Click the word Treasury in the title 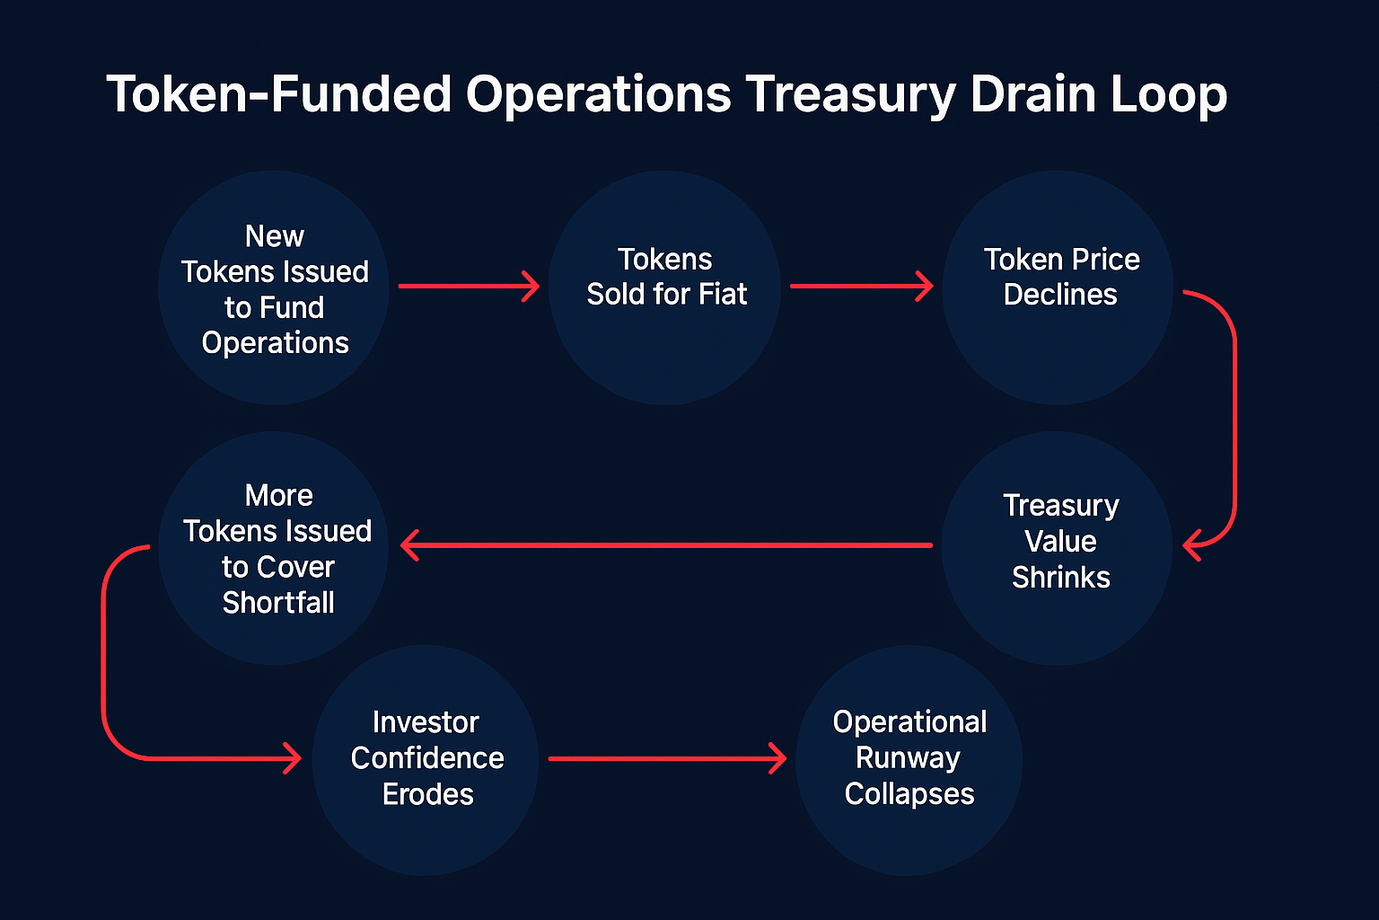point(850,95)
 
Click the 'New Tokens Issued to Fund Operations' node point(274,287)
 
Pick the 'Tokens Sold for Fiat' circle point(665,287)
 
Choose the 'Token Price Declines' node point(1058,287)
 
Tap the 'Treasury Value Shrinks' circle point(1057,548)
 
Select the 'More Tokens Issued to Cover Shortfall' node point(274,548)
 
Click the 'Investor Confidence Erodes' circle point(426,760)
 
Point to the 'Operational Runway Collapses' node point(909,760)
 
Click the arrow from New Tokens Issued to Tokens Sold point(470,286)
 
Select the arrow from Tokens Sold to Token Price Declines point(862,286)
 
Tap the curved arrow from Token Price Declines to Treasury point(1234,419)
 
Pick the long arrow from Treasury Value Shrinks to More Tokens point(666,545)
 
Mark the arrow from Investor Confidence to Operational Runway point(667,758)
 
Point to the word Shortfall point(278,603)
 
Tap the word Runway point(908,758)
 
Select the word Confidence point(427,758)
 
